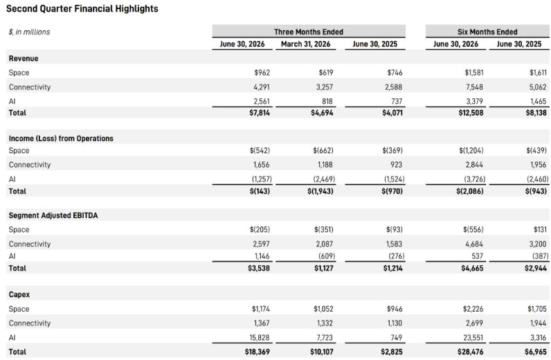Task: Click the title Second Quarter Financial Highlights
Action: pyautogui.click(x=82, y=9)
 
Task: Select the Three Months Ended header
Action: pyautogui.click(x=309, y=32)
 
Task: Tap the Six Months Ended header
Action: pyautogui.click(x=487, y=32)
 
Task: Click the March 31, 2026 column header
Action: pyautogui.click(x=306, y=44)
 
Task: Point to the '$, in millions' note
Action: pyautogui.click(x=30, y=32)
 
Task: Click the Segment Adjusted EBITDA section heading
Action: pyautogui.click(x=53, y=215)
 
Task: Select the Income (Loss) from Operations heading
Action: pyautogui.click(x=61, y=138)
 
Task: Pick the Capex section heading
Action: pyautogui.click(x=19, y=295)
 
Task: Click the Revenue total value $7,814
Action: pyautogui.click(x=260, y=113)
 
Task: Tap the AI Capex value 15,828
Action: pyautogui.click(x=260, y=338)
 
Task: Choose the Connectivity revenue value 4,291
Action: pyautogui.click(x=262, y=87)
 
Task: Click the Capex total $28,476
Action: pyautogui.click(x=470, y=352)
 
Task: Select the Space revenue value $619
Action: pyautogui.click(x=326, y=73)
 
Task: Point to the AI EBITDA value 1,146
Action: pyautogui.click(x=262, y=256)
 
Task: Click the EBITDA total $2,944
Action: pyautogui.click(x=536, y=268)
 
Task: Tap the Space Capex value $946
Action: pyautogui.click(x=395, y=309)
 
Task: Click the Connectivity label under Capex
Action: pyautogui.click(x=30, y=323)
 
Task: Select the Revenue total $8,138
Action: pyautogui.click(x=536, y=113)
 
